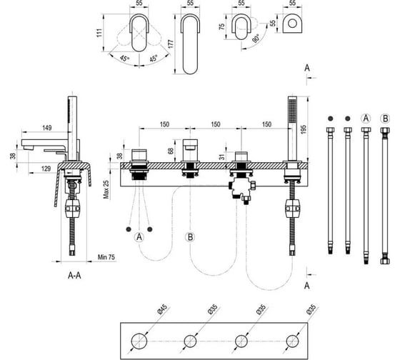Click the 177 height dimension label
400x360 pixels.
[171, 44]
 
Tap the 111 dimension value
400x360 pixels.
[99, 33]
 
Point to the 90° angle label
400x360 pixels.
[256, 39]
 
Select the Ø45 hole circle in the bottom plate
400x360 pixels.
[139, 341]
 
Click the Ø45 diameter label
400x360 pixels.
[164, 309]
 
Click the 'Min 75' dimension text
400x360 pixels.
[106, 257]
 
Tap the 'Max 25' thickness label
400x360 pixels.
[106, 189]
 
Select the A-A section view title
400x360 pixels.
[74, 275]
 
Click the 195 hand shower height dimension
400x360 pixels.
[304, 129]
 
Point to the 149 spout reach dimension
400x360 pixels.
[46, 128]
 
